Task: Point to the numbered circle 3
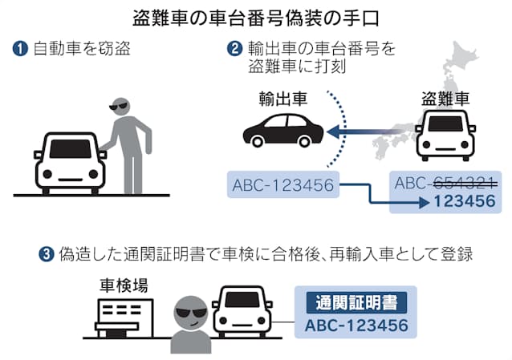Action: pos(47,255)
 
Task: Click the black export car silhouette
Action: pos(282,129)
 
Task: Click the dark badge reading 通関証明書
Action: pos(356,304)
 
